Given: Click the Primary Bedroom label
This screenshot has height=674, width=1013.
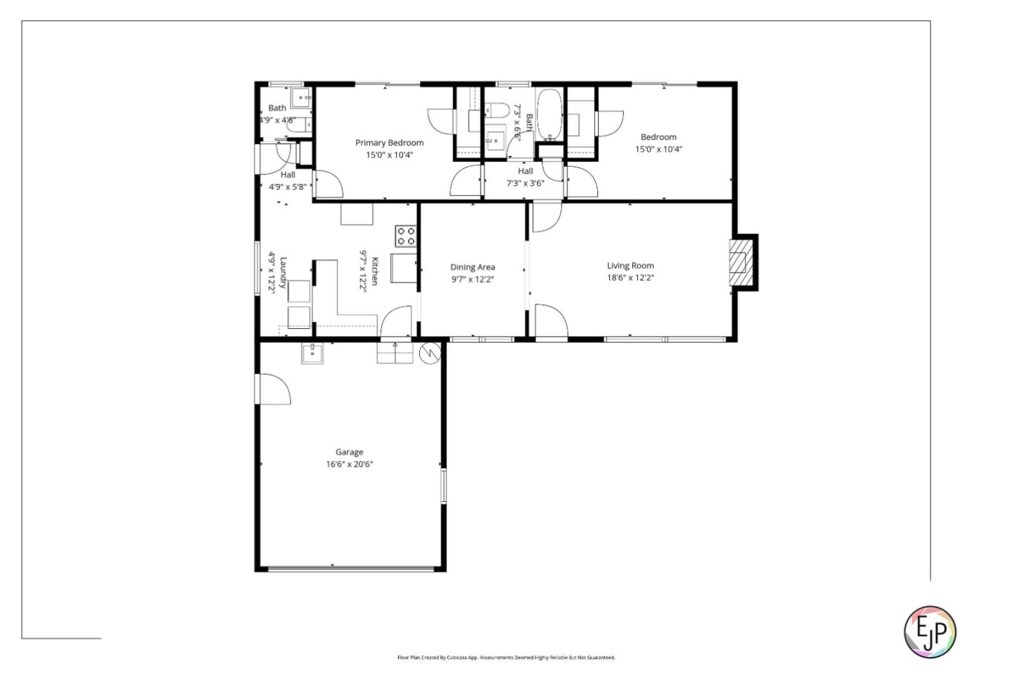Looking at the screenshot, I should [x=389, y=143].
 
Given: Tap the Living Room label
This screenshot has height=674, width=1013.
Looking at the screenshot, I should [x=630, y=266].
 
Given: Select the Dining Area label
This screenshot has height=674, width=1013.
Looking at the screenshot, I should [x=472, y=267].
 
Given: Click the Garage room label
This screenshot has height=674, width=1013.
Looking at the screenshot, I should [x=349, y=452].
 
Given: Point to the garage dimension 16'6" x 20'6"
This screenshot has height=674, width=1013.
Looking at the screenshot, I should [x=349, y=464].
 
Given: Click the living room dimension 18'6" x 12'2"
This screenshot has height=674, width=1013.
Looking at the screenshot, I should [x=630, y=278].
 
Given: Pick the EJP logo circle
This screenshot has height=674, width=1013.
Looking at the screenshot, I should [x=929, y=632].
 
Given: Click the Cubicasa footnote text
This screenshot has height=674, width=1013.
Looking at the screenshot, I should [x=506, y=658].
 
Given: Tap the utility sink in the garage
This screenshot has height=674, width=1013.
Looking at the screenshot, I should [x=312, y=354].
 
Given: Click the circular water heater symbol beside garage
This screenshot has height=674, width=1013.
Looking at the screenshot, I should [x=428, y=354].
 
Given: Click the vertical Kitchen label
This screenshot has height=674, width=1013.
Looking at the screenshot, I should [x=375, y=271].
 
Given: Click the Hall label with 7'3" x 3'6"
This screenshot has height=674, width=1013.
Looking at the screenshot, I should [x=525, y=171].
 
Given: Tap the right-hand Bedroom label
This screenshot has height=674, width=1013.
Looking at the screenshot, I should [x=658, y=137].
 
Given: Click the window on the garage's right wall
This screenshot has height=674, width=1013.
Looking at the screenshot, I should [x=443, y=486].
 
